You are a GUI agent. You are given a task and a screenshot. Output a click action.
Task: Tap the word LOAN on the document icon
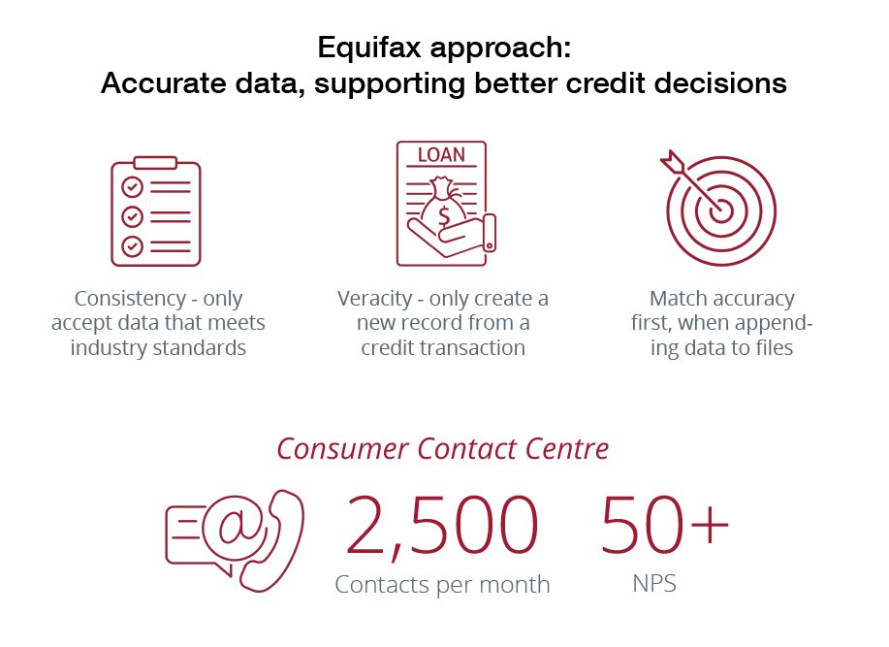(441, 155)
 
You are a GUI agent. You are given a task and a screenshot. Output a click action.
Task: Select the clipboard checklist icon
(156, 210)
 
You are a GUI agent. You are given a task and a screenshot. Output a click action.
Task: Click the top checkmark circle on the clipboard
(132, 186)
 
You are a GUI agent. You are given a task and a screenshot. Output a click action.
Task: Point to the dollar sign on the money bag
(444, 216)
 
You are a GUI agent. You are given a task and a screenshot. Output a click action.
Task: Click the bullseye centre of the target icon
(721, 211)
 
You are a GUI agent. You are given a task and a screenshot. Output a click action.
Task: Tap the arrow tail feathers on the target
(673, 162)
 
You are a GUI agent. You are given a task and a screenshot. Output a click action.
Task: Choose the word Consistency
(131, 298)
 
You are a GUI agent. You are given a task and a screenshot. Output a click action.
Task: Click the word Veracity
(375, 298)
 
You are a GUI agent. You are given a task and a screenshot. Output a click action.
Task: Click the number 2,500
(441, 526)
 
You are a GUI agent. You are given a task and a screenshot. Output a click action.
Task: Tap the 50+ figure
(664, 524)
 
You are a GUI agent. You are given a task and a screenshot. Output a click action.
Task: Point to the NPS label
(654, 584)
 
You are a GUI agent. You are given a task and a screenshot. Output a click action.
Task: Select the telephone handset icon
(271, 541)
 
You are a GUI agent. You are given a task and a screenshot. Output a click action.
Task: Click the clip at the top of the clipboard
(155, 163)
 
